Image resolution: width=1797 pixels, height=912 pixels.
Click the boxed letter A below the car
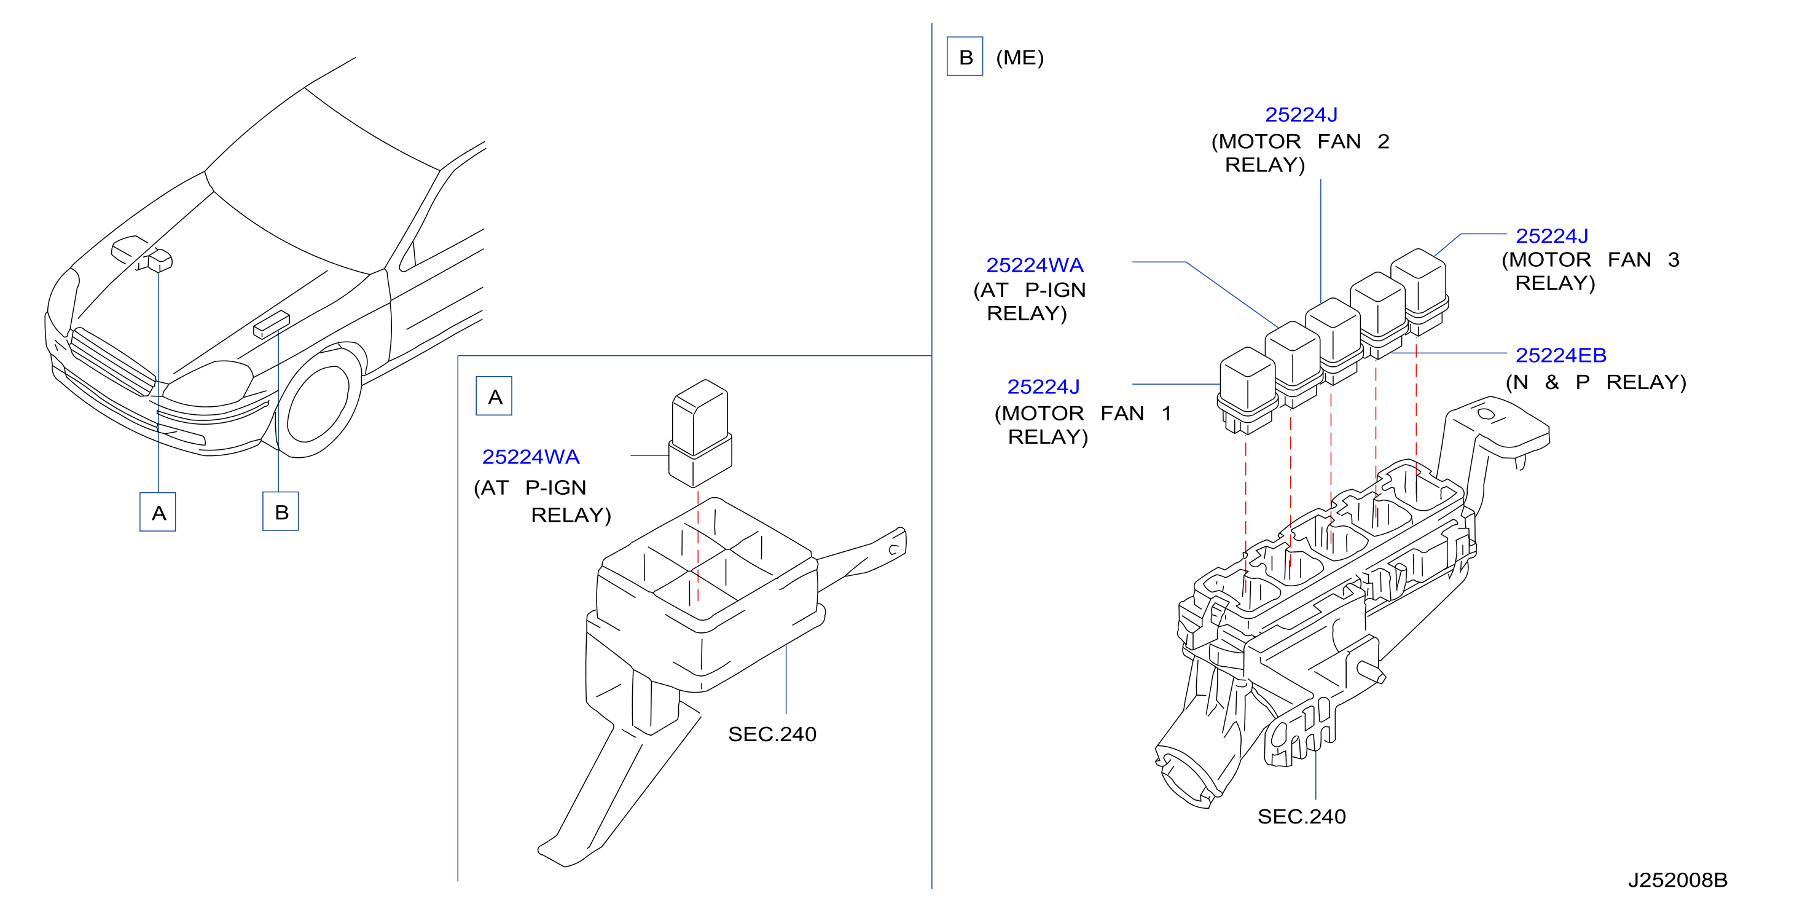[158, 512]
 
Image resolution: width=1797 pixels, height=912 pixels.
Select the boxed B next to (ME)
[965, 57]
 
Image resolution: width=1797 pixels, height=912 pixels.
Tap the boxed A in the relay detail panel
[494, 396]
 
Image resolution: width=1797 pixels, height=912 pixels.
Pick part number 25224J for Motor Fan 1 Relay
[1043, 387]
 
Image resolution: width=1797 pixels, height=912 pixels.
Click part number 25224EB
[1560, 355]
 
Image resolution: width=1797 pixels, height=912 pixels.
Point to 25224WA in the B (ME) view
[1035, 265]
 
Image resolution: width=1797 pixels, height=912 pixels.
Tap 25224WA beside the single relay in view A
[531, 457]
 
